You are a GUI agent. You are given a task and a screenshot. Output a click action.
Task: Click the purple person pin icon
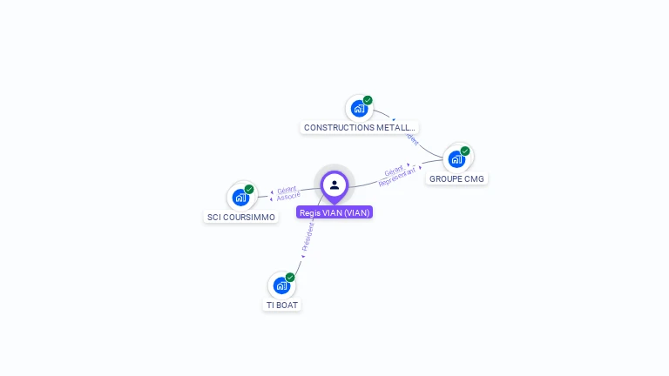(x=334, y=185)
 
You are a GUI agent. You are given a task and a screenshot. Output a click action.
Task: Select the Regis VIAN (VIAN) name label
(x=334, y=212)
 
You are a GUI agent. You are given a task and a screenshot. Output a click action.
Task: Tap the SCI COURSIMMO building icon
(x=240, y=198)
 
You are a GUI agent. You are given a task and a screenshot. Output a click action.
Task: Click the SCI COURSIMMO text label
(x=241, y=218)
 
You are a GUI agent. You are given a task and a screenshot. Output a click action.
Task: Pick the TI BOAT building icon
(x=280, y=285)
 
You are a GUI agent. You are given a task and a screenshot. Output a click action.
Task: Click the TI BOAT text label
(x=282, y=305)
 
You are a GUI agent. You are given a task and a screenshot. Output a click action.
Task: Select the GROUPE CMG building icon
(x=456, y=159)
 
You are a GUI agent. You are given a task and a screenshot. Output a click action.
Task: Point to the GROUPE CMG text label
(x=456, y=179)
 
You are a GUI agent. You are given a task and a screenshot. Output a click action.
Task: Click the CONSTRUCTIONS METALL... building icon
(x=358, y=109)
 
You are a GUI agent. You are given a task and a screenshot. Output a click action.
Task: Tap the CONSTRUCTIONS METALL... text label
(x=360, y=128)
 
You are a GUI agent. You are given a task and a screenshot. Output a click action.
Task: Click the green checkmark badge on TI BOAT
(x=290, y=277)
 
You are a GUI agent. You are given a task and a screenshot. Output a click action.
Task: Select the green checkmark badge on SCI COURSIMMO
(x=249, y=189)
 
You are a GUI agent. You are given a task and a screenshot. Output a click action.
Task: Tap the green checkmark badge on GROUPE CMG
(x=465, y=151)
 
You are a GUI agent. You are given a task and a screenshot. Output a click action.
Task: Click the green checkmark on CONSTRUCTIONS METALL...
(x=368, y=100)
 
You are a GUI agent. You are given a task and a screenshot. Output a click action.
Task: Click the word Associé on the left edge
(x=288, y=197)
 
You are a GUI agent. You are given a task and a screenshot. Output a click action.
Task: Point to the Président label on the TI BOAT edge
(x=307, y=235)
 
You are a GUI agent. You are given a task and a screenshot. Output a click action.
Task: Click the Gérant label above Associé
(x=287, y=189)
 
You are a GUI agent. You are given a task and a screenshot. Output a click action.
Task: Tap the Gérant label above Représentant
(x=394, y=170)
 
